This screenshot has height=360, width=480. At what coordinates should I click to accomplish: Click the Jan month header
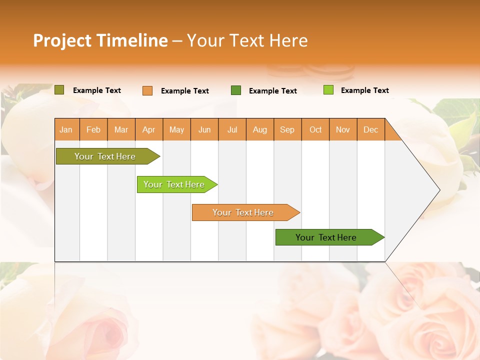[x=66, y=129]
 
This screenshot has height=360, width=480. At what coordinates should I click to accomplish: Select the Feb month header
[x=93, y=129]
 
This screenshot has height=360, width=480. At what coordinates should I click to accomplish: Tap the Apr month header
[x=149, y=129]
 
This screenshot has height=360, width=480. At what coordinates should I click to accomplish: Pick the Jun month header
[x=204, y=129]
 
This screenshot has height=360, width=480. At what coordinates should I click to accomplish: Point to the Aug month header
[x=260, y=129]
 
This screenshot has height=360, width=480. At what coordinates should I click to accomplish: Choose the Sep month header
[x=287, y=129]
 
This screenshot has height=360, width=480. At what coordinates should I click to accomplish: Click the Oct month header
[x=315, y=129]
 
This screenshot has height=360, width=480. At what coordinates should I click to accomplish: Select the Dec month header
[x=371, y=129]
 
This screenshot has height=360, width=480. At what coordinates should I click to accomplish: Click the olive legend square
[x=59, y=90]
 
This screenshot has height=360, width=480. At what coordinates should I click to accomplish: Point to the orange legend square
[x=147, y=90]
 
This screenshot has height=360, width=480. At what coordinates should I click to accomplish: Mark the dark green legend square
[x=236, y=90]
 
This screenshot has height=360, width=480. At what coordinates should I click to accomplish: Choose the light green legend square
[x=328, y=90]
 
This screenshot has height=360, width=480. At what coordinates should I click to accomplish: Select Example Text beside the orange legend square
[x=185, y=91]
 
